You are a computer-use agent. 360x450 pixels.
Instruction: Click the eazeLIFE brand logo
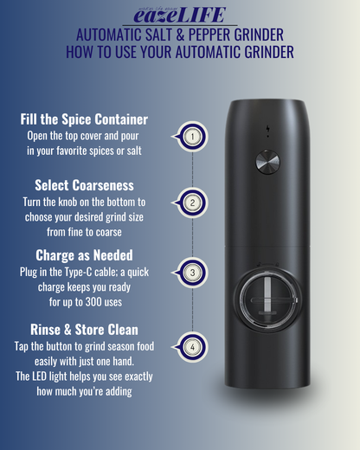point(179,15)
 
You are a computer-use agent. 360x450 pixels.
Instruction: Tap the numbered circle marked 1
point(192,137)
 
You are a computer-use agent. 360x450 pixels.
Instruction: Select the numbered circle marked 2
point(192,202)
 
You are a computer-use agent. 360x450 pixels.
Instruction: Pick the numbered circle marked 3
point(192,273)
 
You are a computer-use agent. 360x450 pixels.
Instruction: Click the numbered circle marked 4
point(192,347)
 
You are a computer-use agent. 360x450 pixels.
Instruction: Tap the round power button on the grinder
point(267,162)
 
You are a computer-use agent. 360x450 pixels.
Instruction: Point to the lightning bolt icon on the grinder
point(268,128)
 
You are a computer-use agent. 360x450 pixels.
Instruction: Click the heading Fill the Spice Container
point(84,119)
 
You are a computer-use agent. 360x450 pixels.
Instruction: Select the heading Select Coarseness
point(84,185)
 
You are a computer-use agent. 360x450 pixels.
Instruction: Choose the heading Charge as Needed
point(84,255)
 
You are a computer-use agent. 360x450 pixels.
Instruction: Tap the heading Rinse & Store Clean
point(84,330)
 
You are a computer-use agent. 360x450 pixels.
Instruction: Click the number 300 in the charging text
point(93,302)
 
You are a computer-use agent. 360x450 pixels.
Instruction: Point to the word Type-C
point(78,272)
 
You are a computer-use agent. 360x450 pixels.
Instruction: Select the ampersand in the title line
point(180,35)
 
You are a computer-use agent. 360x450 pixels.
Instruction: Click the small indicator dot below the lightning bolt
point(268,136)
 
